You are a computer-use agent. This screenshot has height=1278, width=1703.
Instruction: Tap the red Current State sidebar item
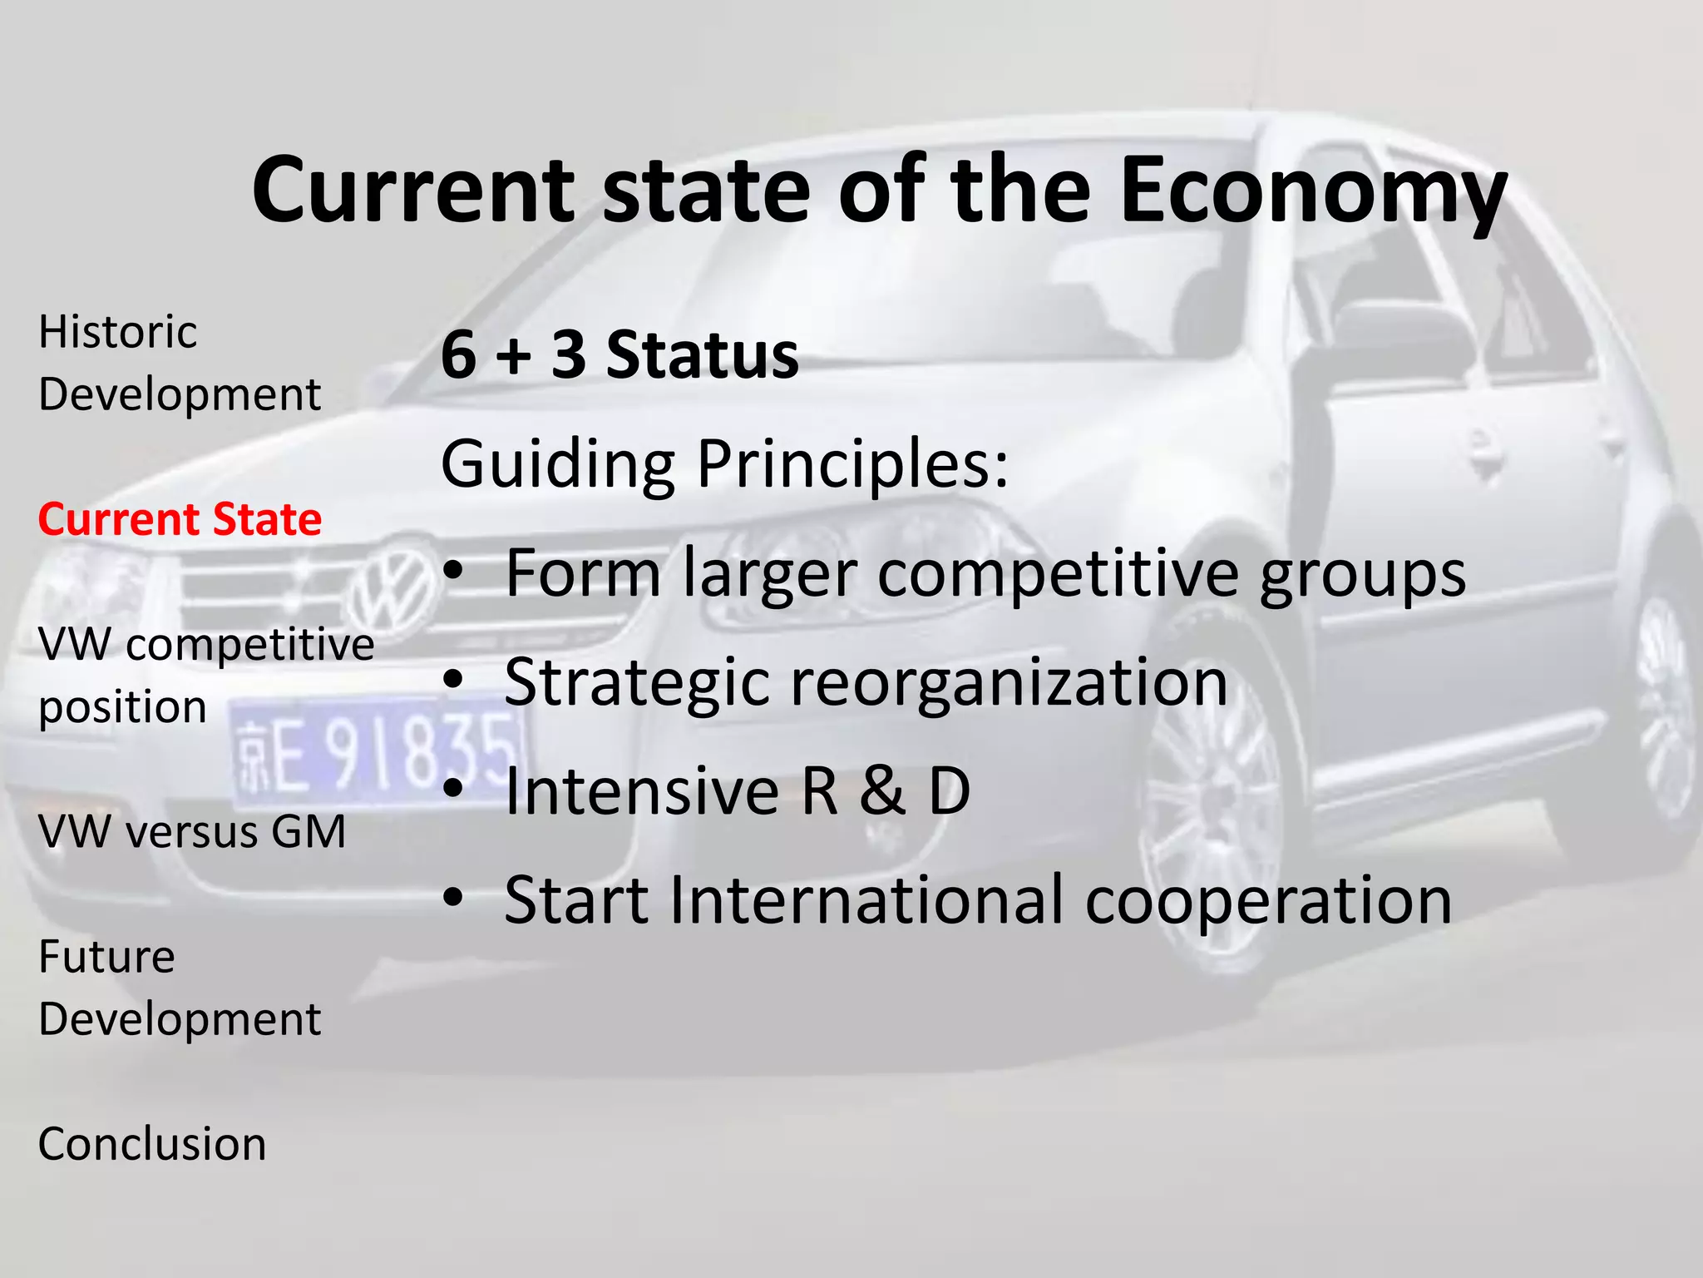click(x=180, y=520)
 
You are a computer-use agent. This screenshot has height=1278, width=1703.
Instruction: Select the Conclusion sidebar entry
click(x=152, y=1144)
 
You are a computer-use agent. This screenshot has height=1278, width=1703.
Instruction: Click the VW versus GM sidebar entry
click(x=192, y=831)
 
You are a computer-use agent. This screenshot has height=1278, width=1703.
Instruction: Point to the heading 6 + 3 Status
click(x=619, y=355)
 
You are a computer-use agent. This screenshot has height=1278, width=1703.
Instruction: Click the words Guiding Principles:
click(x=724, y=463)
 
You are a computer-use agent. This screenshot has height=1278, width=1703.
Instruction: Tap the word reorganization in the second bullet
click(x=1008, y=683)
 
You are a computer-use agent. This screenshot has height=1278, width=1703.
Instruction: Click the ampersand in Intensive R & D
click(x=882, y=791)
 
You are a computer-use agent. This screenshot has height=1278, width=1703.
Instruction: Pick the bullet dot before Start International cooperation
click(x=452, y=899)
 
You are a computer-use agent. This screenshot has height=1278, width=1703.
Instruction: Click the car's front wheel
click(x=1214, y=840)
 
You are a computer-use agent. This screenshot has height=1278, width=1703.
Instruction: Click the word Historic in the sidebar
click(x=118, y=333)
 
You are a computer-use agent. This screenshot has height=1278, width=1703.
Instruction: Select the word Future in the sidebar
click(x=106, y=957)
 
